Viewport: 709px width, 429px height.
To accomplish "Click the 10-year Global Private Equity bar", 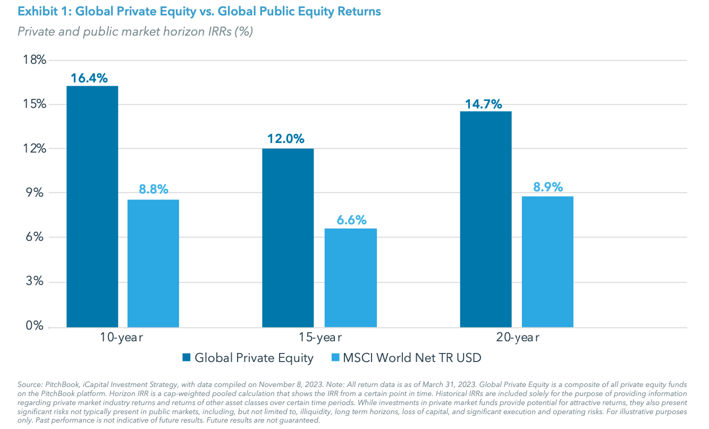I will (92, 206).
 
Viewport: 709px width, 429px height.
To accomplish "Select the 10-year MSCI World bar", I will (153, 263).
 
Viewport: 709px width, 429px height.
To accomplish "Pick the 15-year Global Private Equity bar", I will (288, 238).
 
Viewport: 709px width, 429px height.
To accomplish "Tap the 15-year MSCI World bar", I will (350, 277).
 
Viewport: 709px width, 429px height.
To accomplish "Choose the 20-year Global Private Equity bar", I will (485, 219).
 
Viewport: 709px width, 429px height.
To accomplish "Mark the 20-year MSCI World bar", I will (547, 262).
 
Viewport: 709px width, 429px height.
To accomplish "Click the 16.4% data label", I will (89, 78).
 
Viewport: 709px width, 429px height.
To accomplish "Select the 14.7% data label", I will (484, 104).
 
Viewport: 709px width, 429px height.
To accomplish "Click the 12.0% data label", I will (286, 139).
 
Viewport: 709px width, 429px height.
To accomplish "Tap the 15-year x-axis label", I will (319, 338).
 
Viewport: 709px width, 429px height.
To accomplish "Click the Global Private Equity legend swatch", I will (187, 358).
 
